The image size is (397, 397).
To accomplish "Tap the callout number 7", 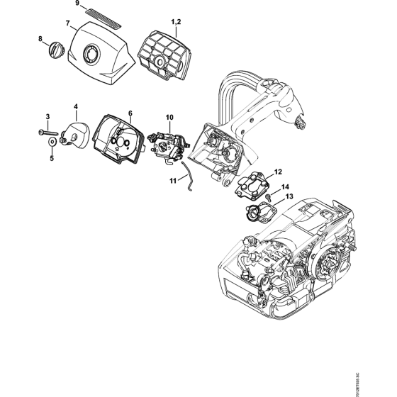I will point(69,23).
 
